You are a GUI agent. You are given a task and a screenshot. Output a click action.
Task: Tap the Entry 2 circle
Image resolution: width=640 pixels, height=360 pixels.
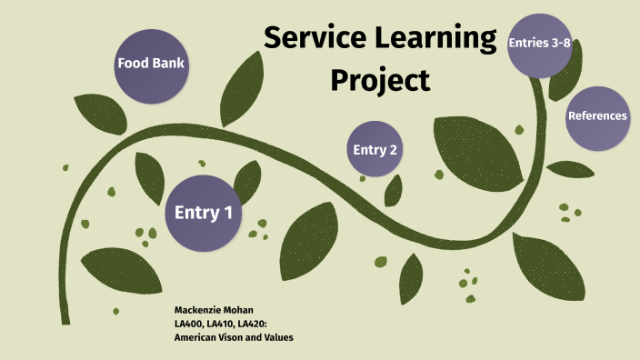(x=375, y=149)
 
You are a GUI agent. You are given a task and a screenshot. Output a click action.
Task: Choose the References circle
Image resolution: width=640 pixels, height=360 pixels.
(x=596, y=115)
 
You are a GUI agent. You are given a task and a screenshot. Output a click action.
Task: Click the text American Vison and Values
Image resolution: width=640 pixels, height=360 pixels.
(x=234, y=337)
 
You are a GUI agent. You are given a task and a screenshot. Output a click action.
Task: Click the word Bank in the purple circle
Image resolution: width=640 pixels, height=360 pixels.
(x=169, y=64)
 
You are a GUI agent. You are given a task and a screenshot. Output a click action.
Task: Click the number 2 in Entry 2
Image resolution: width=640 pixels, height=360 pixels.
(x=394, y=149)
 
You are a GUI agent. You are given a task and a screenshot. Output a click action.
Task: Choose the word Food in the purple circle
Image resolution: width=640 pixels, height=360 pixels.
(x=133, y=64)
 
